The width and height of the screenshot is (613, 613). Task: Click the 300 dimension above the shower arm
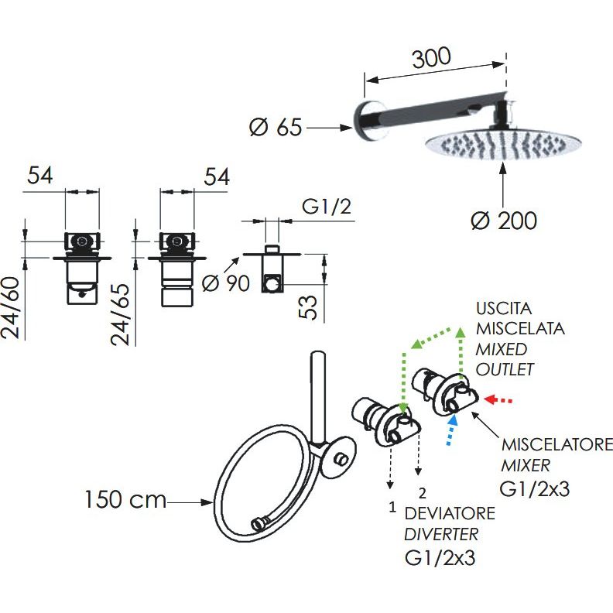[x=431, y=59]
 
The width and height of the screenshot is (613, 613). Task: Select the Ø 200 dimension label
[x=503, y=221]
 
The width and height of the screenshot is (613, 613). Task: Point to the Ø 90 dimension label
[x=225, y=283]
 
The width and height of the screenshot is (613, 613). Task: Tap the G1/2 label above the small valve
[x=324, y=207]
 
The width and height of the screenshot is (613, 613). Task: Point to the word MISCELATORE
[x=556, y=446]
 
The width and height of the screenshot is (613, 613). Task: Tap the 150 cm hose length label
[x=125, y=500]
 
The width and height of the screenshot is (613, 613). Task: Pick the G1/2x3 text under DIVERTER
[x=438, y=557]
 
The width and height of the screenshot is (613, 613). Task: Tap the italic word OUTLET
[x=505, y=369]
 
